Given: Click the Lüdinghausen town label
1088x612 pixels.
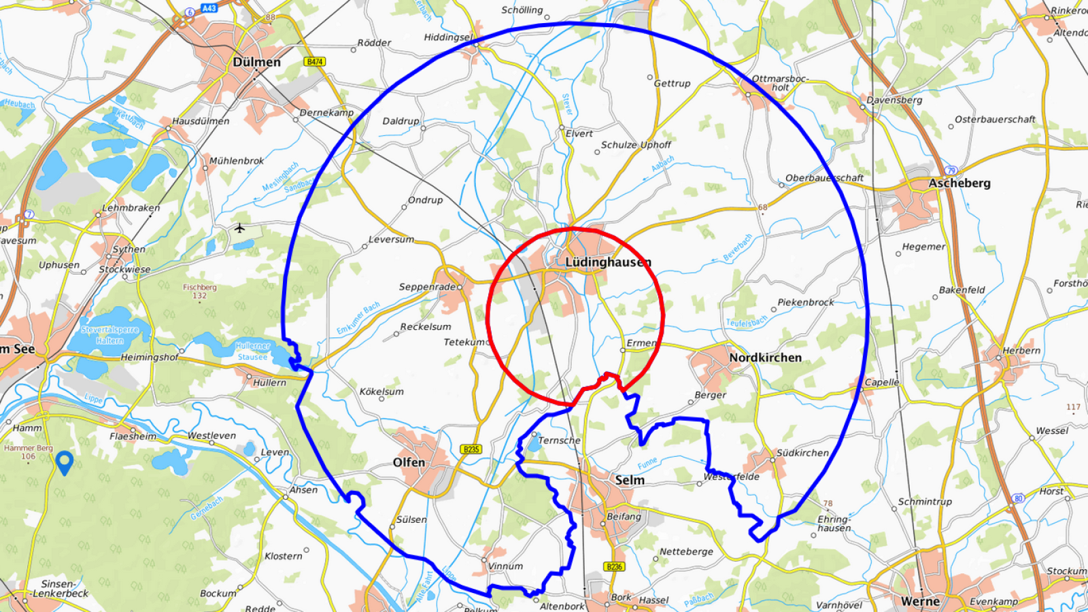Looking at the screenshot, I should [608, 262].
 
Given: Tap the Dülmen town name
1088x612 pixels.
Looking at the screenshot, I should [256, 62].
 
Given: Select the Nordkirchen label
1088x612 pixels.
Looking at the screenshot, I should [765, 358].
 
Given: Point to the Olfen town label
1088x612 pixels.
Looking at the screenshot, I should [409, 462].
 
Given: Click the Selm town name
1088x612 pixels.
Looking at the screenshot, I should [630, 480].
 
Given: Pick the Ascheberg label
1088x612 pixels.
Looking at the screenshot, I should [959, 183].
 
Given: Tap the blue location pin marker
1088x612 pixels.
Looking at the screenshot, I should [65, 462].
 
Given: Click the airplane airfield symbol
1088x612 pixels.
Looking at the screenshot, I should [239, 228].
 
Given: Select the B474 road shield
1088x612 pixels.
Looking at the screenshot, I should [314, 62].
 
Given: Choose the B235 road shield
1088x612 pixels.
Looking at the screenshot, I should [471, 449].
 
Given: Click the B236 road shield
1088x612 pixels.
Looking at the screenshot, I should [614, 566].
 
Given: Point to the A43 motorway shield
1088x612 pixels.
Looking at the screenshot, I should [209, 8].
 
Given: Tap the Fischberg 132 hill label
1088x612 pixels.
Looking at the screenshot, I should [199, 291].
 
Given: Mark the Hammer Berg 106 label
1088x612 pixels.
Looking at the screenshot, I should [28, 452].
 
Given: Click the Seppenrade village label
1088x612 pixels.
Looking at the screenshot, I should [427, 287].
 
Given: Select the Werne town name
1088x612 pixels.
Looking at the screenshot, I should [920, 601].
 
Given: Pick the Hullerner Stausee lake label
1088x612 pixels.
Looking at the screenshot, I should [252, 351].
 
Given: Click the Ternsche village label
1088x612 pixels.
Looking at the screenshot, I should [559, 441].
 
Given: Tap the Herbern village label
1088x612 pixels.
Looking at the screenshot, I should [1021, 351].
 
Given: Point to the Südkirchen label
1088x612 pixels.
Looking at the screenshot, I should [802, 453].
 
